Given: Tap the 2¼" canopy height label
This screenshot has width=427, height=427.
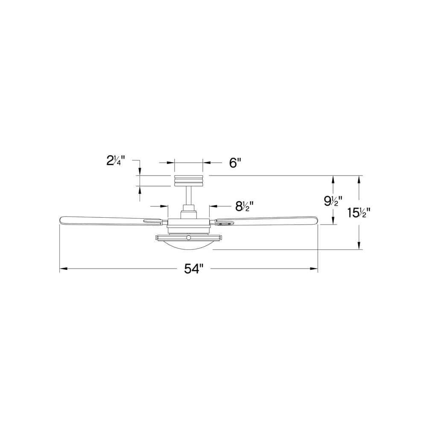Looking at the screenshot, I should (x=115, y=161).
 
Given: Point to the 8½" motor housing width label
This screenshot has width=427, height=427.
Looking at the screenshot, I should (x=245, y=206).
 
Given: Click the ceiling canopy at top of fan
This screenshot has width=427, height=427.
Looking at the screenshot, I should (x=188, y=181).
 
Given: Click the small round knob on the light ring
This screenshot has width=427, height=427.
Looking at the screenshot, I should (x=188, y=237).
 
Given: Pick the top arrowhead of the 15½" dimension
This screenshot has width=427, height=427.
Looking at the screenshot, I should (x=359, y=179).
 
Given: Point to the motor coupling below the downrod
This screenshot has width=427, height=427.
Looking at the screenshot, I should (x=188, y=210).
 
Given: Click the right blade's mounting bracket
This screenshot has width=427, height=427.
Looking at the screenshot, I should (x=223, y=222).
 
